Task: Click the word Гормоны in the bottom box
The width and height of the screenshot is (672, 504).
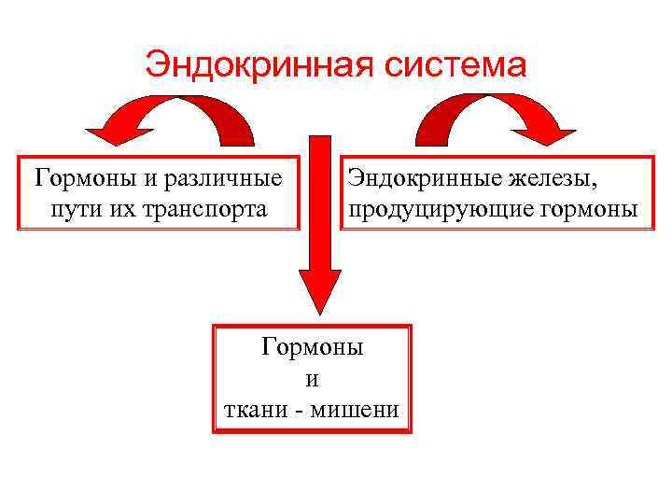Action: pyautogui.click(x=312, y=347)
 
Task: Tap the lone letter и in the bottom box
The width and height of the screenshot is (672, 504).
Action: pyautogui.click(x=312, y=380)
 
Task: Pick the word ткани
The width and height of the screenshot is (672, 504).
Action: pyautogui.click(x=254, y=411)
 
